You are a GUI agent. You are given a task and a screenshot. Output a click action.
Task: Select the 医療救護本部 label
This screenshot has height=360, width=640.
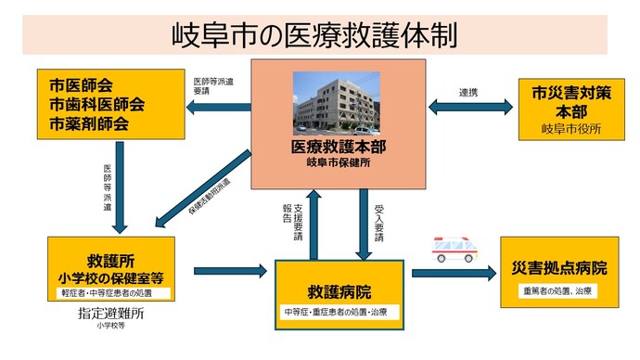coord(335,147)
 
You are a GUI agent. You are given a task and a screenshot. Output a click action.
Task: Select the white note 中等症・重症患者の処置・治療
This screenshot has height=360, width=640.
coord(339,311)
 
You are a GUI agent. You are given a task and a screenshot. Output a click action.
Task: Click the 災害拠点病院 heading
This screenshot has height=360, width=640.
coord(559,268)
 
